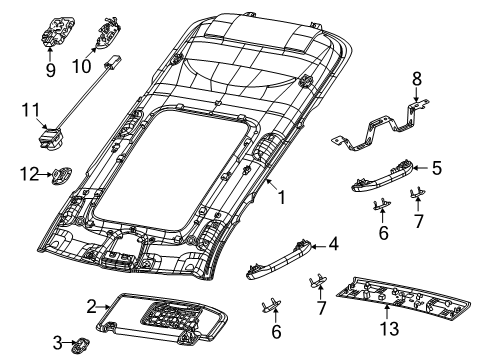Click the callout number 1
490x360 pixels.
click(x=281, y=198)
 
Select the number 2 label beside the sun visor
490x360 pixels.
click(x=91, y=305)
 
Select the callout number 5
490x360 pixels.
click(x=436, y=169)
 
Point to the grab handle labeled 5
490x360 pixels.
click(x=381, y=178)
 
